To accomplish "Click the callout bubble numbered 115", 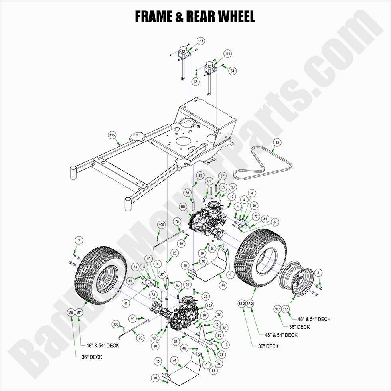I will point(112,136).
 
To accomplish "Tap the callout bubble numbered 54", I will point(233,71).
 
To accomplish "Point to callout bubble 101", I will point(183,207).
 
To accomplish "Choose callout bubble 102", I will point(209,306).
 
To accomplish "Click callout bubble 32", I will point(219,314).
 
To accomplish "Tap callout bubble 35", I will point(222,353).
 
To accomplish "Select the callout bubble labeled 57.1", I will point(286,309).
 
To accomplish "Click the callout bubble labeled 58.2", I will point(242,304).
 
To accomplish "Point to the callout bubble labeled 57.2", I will point(250,304).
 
